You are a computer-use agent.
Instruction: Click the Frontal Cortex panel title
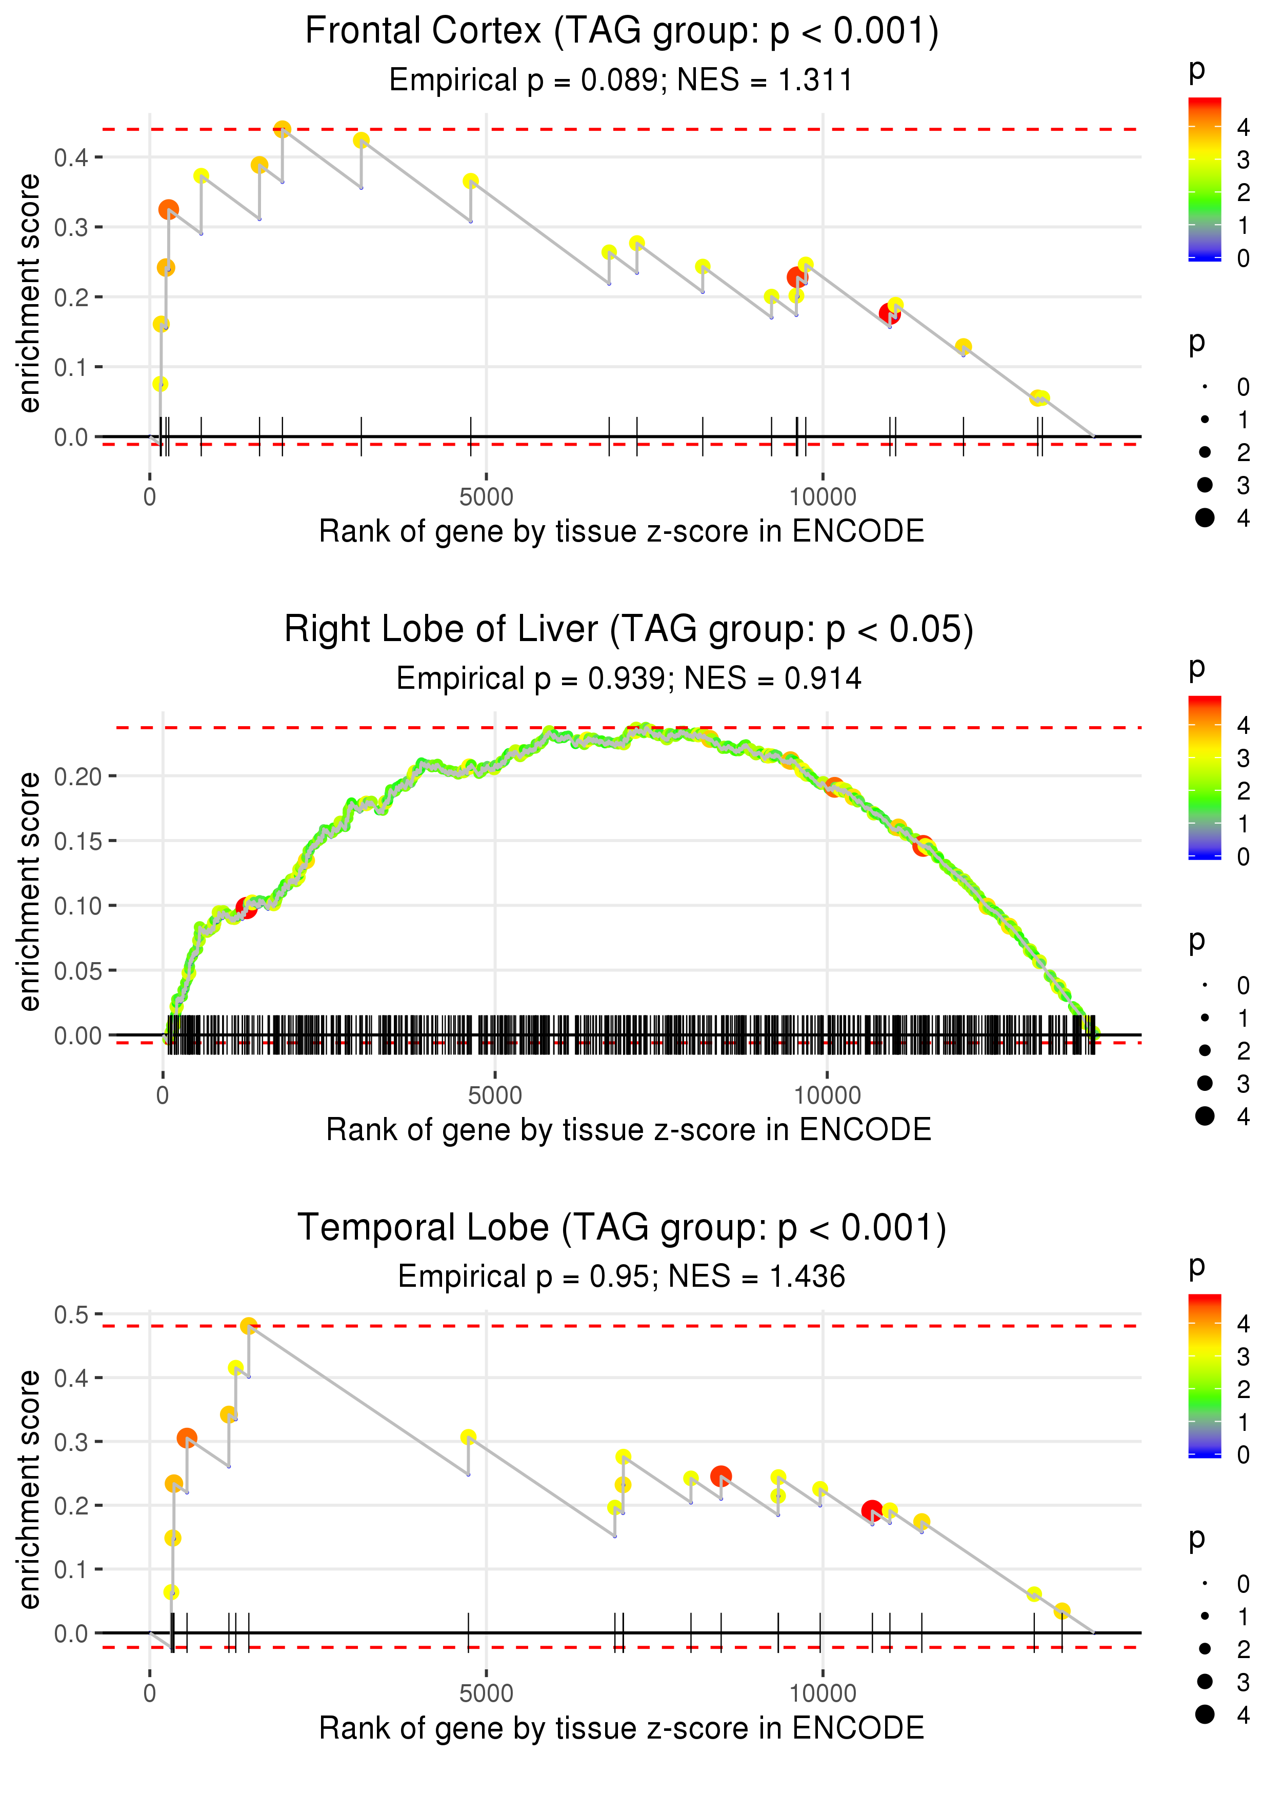click(622, 32)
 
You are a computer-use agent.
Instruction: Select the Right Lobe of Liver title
click(628, 630)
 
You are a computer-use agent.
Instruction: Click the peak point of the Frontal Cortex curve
click(283, 129)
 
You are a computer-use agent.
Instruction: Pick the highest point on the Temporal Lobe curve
click(249, 1326)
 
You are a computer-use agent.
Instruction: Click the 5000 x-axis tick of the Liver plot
click(495, 1095)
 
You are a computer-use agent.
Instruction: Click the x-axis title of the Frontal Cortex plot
click(622, 531)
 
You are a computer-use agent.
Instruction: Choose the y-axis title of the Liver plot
click(29, 892)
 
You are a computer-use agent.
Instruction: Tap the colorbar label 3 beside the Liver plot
click(1243, 759)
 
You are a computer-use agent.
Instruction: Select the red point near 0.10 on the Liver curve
click(246, 909)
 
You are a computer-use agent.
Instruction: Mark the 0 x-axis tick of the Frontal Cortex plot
click(150, 497)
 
